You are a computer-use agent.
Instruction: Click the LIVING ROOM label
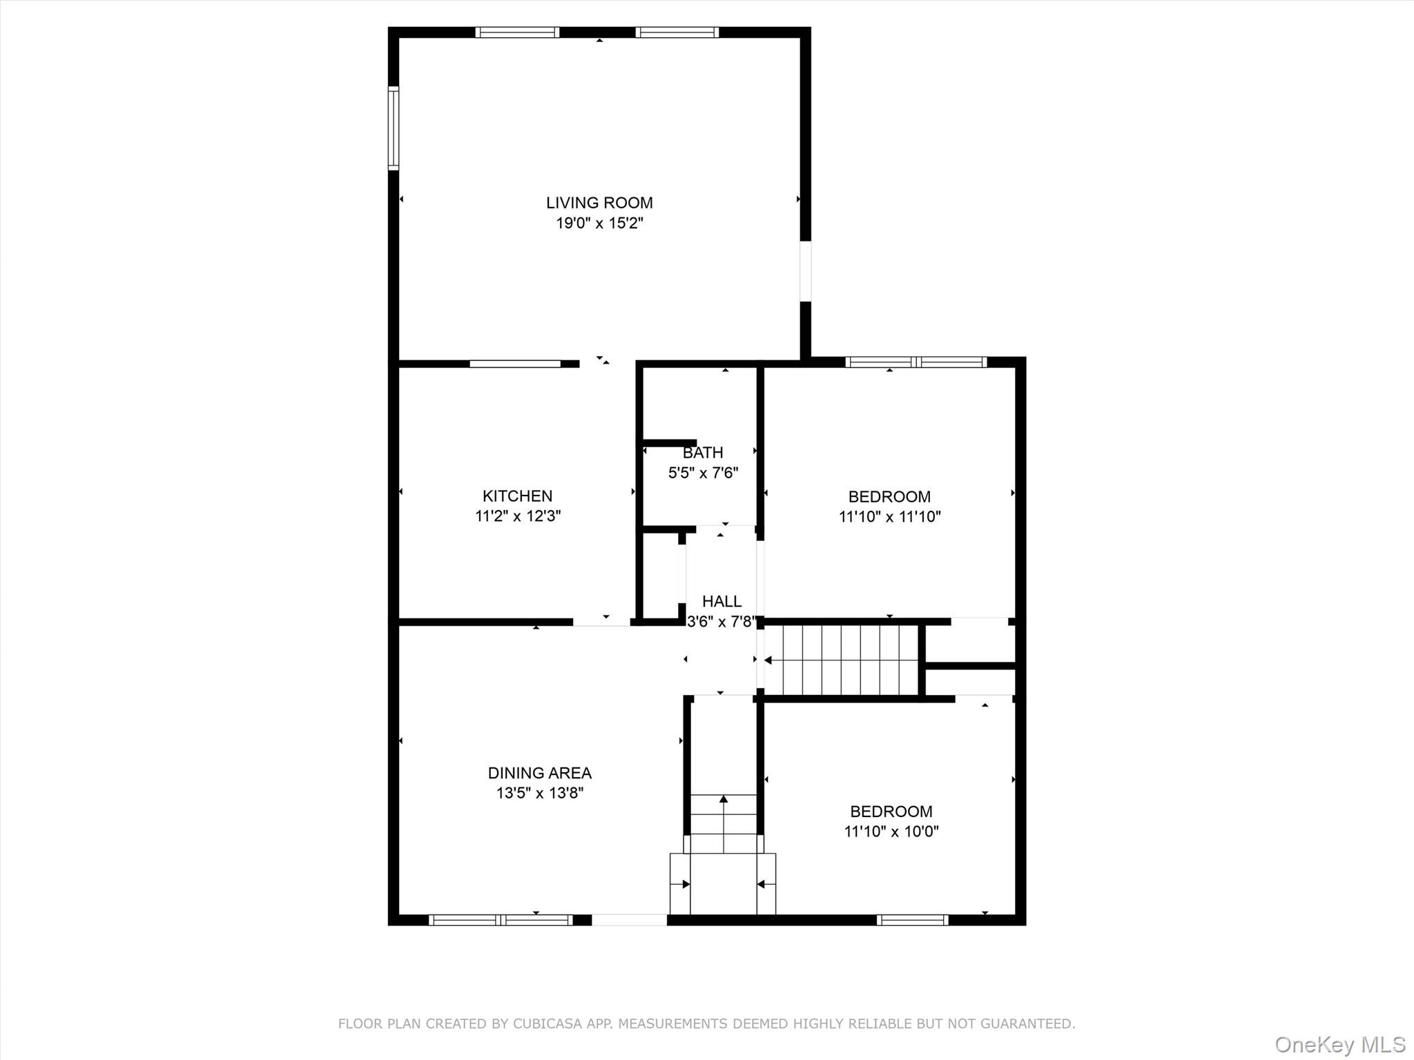coord(599,203)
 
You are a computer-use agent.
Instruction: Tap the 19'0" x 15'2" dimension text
coord(599,223)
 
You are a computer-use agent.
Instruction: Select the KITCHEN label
coord(517,495)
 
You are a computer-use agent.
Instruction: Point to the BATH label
coord(703,453)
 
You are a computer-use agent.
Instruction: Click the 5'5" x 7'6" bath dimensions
coord(703,473)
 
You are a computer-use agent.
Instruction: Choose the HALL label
coord(721,601)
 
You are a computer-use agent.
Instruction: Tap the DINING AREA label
coord(539,773)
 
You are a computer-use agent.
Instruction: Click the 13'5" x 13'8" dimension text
coord(539,793)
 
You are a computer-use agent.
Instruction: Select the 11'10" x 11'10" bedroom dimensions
coord(889,516)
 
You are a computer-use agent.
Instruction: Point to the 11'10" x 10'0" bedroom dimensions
coord(891,831)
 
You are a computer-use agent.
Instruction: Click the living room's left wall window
coord(393,128)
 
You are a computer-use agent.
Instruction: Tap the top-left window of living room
coord(517,32)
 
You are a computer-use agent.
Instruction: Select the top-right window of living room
coord(677,32)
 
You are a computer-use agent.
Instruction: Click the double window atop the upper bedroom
coord(916,362)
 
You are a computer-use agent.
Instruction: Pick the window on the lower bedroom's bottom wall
coord(912,919)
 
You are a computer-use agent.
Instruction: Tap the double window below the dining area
coord(501,919)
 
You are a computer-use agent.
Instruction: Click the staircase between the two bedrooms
coord(842,660)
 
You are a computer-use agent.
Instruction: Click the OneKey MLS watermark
coord(1339,1044)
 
